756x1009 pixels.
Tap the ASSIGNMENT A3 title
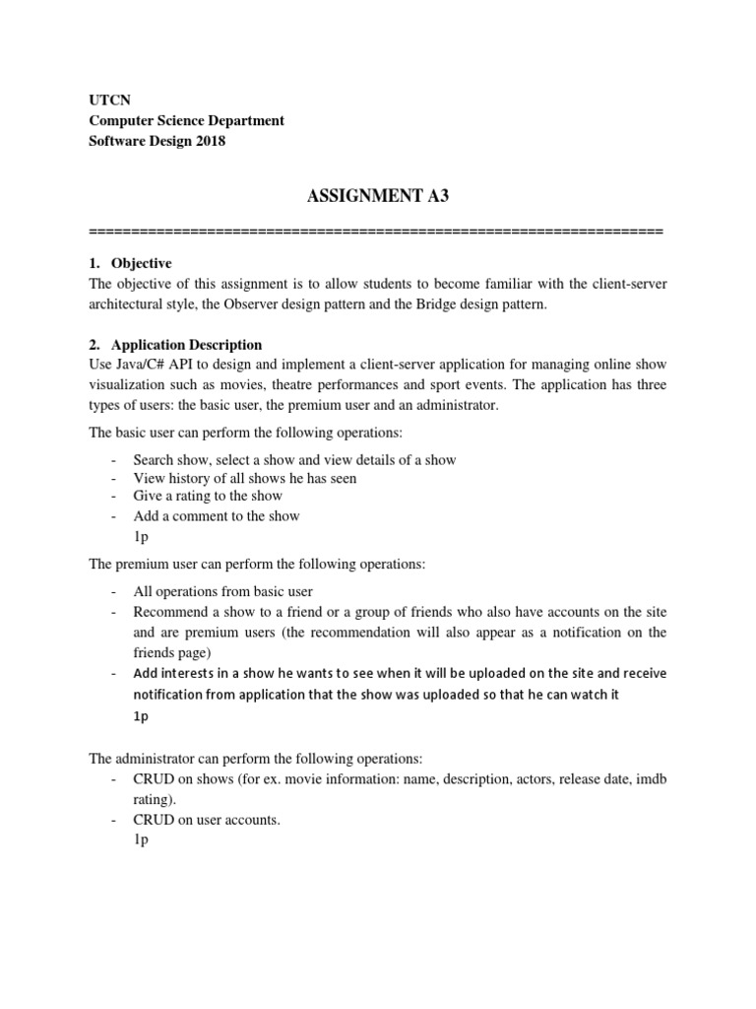[377, 196]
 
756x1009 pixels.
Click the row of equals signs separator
[377, 232]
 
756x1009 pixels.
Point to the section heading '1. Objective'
[130, 263]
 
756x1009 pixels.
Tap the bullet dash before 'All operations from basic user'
[115, 591]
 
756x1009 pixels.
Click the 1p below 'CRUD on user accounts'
[141, 839]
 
